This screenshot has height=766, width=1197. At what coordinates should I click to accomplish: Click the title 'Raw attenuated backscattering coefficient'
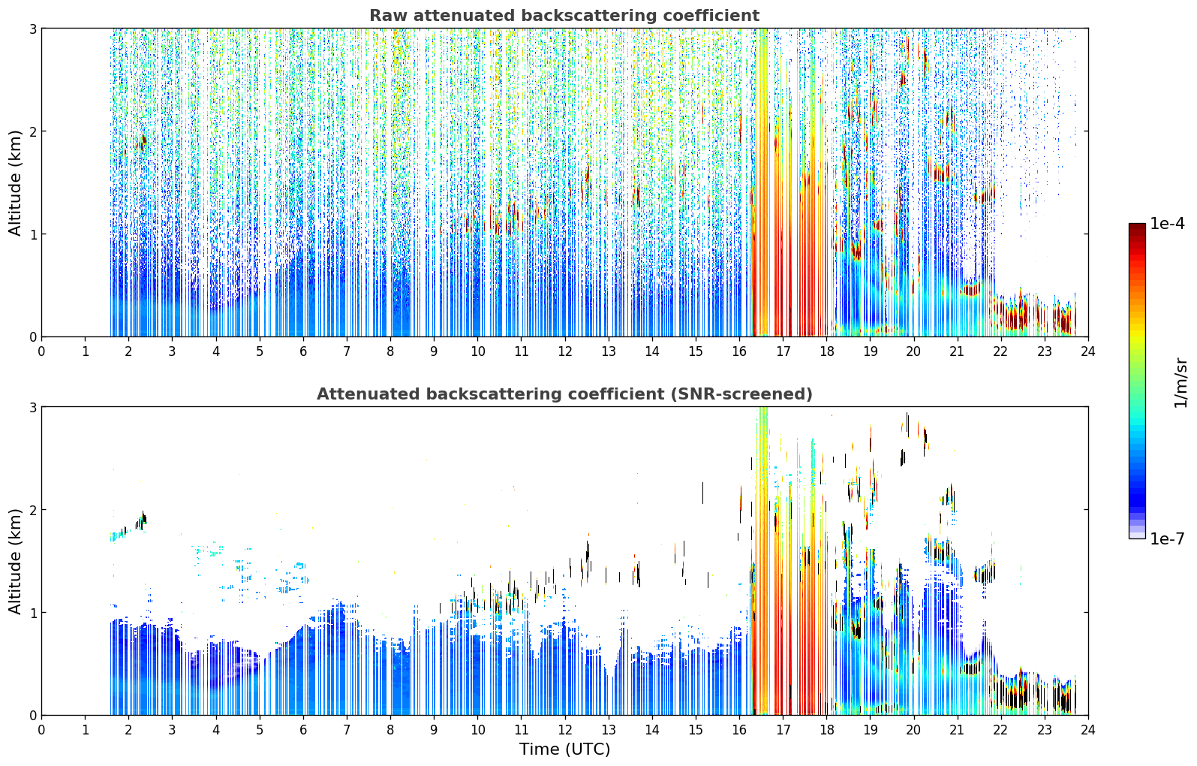[564, 16]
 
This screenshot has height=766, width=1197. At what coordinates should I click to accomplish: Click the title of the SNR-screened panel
[564, 394]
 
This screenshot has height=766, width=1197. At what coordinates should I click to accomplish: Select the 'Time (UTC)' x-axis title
[564, 749]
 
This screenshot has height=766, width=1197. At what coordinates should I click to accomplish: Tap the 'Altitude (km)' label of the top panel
[15, 183]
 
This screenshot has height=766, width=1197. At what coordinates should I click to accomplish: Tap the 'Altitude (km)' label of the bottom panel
[15, 561]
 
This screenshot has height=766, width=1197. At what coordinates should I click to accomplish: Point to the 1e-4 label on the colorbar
[1167, 224]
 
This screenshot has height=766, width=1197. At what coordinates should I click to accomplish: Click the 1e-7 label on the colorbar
[1167, 538]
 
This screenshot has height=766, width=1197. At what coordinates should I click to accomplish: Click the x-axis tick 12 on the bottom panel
[565, 730]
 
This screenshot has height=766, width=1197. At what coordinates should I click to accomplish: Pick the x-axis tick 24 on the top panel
[1088, 351]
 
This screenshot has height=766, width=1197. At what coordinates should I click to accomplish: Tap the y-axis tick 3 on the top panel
[32, 29]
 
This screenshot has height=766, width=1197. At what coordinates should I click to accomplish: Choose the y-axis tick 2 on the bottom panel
[32, 510]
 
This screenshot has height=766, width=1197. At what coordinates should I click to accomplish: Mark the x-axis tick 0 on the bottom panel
[42, 730]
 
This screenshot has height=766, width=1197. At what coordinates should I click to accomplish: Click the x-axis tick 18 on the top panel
[827, 351]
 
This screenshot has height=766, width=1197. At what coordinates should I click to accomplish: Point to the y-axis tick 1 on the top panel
[32, 234]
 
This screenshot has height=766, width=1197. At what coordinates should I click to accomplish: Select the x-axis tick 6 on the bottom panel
[303, 730]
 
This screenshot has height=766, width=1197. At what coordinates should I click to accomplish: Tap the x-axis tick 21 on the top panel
[958, 351]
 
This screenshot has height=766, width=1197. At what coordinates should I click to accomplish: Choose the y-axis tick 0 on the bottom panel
[32, 715]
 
